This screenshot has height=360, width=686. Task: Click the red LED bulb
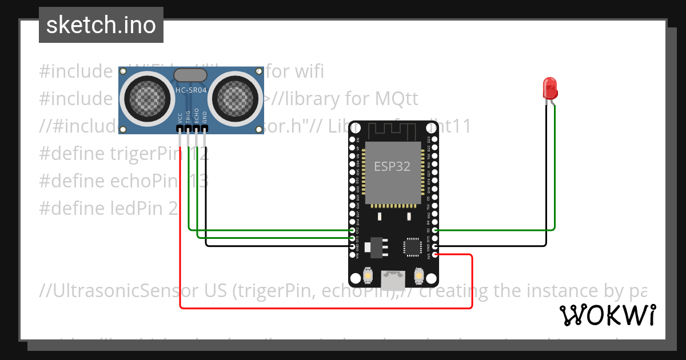[550, 87]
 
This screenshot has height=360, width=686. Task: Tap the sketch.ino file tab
[101, 25]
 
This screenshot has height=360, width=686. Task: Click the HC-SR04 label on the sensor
[190, 90]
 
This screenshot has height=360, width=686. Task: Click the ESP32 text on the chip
[392, 166]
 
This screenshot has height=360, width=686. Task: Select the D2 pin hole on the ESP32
[435, 230]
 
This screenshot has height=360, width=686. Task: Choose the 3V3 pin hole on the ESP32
[435, 255]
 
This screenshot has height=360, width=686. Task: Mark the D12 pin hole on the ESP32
[352, 230]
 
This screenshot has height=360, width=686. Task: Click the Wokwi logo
[607, 315]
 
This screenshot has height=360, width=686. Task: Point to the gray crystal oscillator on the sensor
[190, 74]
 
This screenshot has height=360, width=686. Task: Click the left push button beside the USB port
[368, 277]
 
